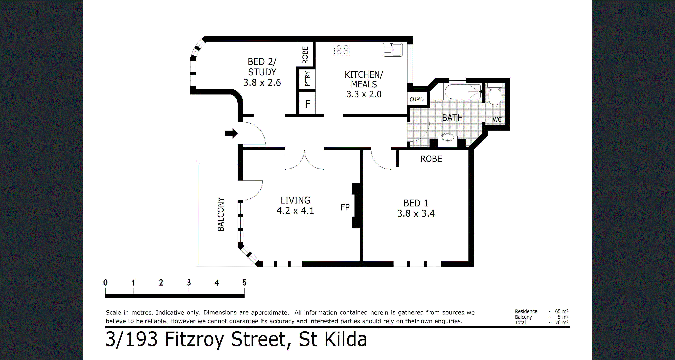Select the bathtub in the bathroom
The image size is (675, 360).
pyautogui.click(x=463, y=92)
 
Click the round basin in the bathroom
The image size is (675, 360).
pyautogui.click(x=448, y=137)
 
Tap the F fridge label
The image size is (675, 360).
pyautogui.click(x=308, y=104)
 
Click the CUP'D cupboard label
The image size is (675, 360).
pyautogui.click(x=417, y=99)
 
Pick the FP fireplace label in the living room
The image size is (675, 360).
pyautogui.click(x=345, y=207)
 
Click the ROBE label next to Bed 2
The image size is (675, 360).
pyautogui.click(x=305, y=55)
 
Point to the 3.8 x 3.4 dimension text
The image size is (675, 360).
pyautogui.click(x=416, y=214)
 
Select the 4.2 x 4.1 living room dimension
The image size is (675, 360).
pyautogui.click(x=295, y=211)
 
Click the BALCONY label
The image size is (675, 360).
pyautogui.click(x=221, y=214)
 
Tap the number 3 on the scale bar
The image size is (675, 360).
pyautogui.click(x=189, y=283)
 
